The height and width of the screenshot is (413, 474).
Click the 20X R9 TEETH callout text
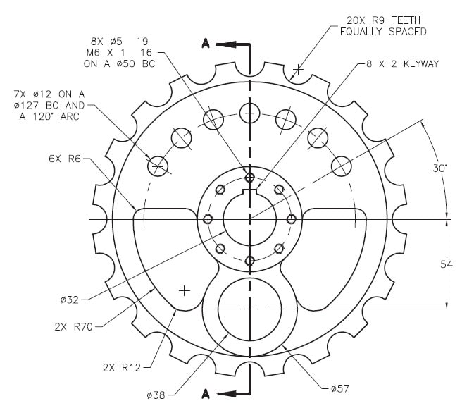click(x=383, y=20)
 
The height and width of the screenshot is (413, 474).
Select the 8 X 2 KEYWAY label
click(x=401, y=63)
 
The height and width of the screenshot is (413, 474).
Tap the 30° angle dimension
click(x=441, y=168)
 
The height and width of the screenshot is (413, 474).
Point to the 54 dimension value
click(x=446, y=264)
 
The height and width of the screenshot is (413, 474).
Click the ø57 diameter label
click(x=339, y=387)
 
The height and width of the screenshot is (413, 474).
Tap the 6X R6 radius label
click(x=66, y=159)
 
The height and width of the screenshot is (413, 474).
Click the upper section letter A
click(x=206, y=44)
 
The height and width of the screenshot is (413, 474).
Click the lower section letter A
click(x=206, y=393)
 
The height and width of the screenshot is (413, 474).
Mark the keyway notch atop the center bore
click(x=249, y=191)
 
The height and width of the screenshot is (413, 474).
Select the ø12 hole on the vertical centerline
click(x=249, y=111)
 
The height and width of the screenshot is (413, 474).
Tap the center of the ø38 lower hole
click(x=249, y=309)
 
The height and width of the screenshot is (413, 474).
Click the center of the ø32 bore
click(x=249, y=219)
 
